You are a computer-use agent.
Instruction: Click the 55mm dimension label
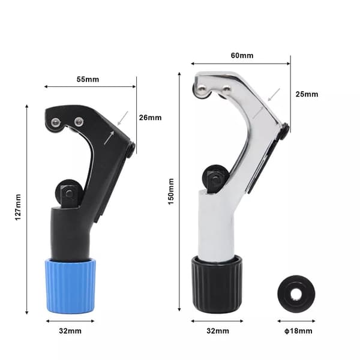(88, 79)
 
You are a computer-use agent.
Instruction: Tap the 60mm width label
(242, 56)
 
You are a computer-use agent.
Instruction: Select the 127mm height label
(18, 208)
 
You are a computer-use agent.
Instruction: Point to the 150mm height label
(171, 191)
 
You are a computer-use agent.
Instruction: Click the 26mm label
(151, 118)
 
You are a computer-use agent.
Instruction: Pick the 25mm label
(307, 94)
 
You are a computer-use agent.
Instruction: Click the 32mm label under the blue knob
(70, 331)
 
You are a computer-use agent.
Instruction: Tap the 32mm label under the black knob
(218, 331)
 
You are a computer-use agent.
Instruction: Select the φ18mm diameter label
(298, 331)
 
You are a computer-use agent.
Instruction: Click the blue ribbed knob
(70, 286)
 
